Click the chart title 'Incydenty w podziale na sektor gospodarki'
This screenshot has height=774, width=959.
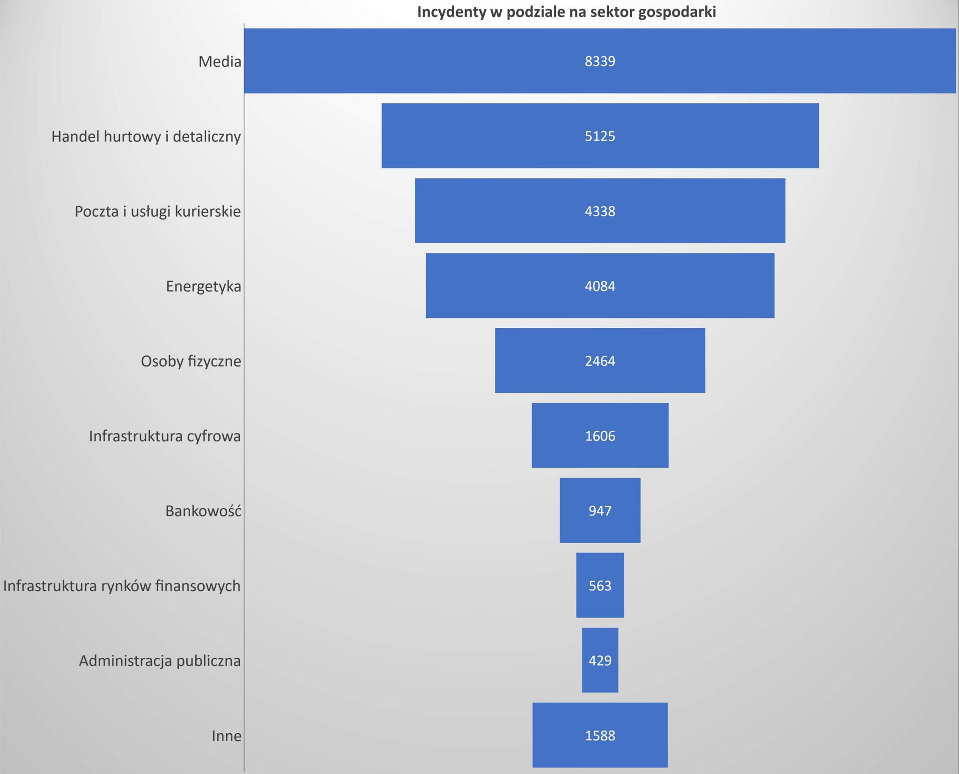566,12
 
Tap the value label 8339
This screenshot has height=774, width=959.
600,61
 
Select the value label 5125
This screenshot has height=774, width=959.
600,136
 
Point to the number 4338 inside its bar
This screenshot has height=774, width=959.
600,211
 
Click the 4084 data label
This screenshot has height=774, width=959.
600,286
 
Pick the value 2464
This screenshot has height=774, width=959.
600,361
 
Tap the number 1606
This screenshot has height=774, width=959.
600,436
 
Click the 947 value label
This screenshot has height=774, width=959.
600,510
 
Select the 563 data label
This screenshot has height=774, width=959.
600,586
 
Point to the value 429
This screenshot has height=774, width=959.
600,661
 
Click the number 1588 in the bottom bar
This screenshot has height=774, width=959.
600,736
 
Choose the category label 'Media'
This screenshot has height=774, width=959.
220,61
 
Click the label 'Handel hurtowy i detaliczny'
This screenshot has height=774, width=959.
146,136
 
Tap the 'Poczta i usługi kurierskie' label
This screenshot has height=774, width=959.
158,211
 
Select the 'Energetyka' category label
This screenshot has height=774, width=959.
203,286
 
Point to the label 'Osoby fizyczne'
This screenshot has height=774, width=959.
191,361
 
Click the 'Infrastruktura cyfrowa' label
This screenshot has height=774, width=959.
165,436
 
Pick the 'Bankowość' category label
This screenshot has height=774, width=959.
203,510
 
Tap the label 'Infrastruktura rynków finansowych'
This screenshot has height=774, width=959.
122,586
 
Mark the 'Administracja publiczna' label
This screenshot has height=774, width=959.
160,661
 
